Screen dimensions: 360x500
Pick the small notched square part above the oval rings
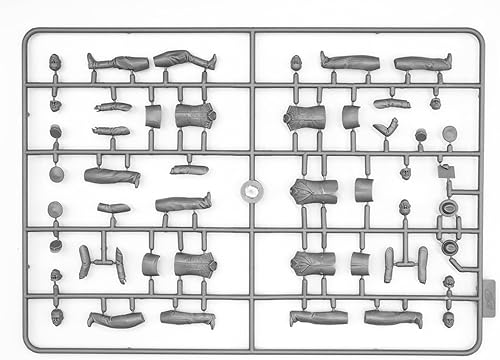click(x=445, y=171)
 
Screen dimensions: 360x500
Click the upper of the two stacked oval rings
click(x=448, y=208)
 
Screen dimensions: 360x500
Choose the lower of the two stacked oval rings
click(x=450, y=246)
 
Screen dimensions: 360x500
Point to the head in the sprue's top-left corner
click(x=54, y=62)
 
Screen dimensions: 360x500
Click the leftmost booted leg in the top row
click(x=117, y=63)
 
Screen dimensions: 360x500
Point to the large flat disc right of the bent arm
click(x=450, y=133)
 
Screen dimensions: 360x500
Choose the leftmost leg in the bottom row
click(x=116, y=319)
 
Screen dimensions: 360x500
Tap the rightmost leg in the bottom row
click(x=392, y=318)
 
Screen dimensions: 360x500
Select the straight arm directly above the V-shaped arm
click(x=392, y=103)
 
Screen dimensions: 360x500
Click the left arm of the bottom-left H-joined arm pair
click(x=85, y=262)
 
